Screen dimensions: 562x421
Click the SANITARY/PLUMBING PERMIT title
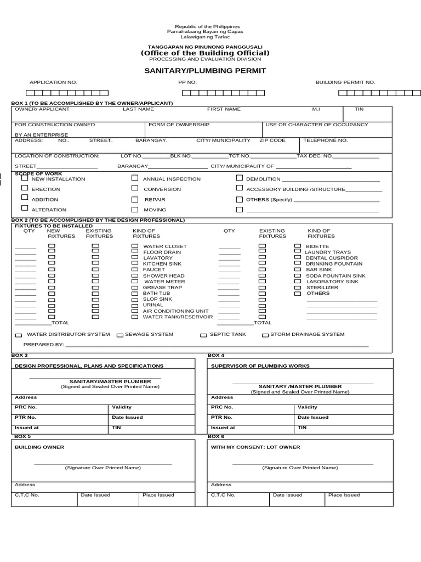point(205,71)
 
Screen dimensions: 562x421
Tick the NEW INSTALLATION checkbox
point(24,178)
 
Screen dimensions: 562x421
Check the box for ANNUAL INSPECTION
point(135,178)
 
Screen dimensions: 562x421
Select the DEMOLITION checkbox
point(240,178)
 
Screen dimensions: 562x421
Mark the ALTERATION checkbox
point(24,209)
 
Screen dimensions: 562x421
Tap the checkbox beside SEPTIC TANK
point(203,335)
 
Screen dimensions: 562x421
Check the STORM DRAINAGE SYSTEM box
point(265,335)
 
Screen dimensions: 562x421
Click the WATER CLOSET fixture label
point(164,246)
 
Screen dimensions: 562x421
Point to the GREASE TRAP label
point(162,288)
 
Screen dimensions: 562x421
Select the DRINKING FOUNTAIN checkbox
point(298,264)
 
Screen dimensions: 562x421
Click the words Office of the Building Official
point(205,53)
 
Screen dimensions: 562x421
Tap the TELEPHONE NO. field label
point(326,140)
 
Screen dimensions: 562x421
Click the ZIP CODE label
point(272,140)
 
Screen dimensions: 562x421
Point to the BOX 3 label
point(21,356)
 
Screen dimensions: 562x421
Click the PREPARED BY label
point(44,345)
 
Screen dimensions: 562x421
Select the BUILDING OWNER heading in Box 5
point(39,447)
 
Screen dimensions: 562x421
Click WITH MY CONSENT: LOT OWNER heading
point(255,447)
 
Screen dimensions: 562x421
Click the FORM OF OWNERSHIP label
point(179,125)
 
